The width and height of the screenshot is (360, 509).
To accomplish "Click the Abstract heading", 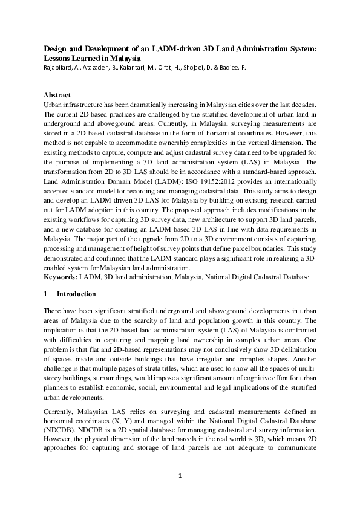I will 57,96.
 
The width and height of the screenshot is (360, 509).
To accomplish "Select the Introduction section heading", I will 76,294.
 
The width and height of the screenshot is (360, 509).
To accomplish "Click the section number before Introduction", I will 46,294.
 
